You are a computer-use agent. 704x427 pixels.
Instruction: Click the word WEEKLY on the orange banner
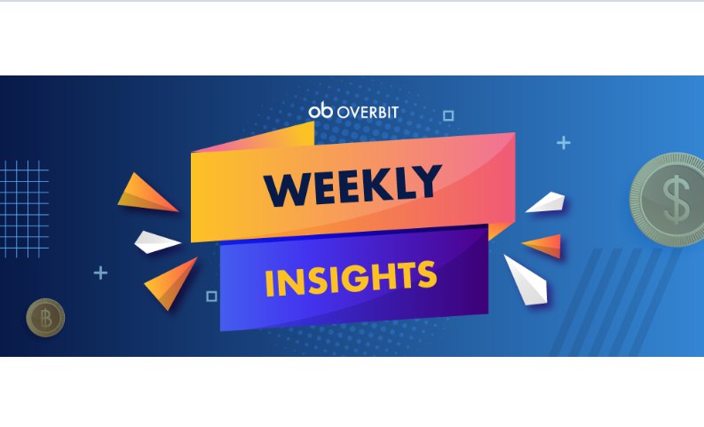(353, 186)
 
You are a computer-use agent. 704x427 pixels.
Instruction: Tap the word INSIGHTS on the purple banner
(351, 278)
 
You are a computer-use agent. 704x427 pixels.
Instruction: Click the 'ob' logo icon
(320, 110)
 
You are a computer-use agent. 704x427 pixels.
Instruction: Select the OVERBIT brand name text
(368, 112)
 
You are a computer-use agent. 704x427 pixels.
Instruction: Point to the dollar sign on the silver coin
(676, 200)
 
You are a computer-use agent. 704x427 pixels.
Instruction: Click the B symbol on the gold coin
(46, 318)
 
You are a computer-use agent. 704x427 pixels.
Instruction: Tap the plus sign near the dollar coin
(564, 143)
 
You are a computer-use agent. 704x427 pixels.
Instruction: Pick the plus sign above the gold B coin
(100, 273)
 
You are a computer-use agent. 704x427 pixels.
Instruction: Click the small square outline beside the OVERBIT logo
(448, 115)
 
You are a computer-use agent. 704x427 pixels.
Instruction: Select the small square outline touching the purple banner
(211, 297)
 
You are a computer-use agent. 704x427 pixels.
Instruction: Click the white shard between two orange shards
(157, 242)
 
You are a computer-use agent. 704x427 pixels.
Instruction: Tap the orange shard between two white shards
(543, 246)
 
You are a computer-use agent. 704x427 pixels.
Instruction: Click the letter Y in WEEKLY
(426, 180)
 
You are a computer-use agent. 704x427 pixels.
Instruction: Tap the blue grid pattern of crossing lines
(24, 210)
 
